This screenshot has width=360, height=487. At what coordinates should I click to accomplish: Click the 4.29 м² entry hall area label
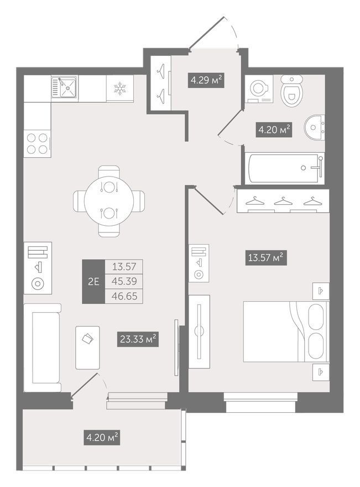tap(206, 80)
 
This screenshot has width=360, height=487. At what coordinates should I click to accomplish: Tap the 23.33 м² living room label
tap(138, 339)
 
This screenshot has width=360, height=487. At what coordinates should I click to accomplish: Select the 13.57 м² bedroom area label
tap(266, 257)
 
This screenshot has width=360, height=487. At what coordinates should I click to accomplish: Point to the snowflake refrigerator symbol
tap(120, 88)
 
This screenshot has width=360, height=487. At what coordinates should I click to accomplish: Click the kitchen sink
tap(64, 87)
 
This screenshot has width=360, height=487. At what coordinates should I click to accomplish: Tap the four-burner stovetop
tap(37, 144)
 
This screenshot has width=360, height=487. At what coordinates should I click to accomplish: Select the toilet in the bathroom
tap(292, 90)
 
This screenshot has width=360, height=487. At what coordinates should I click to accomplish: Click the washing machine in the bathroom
tap(259, 89)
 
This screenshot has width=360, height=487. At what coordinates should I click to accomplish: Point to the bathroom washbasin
tap(314, 127)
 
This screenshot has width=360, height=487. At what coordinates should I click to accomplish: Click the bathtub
tap(285, 168)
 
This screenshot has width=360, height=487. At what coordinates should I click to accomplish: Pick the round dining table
tap(109, 201)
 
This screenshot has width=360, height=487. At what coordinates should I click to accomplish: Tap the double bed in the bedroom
tap(286, 331)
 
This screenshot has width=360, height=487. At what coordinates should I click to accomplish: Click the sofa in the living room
tap(43, 348)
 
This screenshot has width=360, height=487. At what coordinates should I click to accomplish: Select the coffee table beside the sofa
tap(87, 348)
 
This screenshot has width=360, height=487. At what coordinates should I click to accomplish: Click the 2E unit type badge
tap(93, 281)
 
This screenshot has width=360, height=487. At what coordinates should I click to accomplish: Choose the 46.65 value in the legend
tap(124, 296)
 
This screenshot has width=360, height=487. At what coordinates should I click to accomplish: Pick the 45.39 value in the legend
tap(124, 281)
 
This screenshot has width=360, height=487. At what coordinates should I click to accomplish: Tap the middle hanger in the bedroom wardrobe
tap(283, 201)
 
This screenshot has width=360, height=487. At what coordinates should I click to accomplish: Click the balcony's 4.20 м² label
tap(102, 437)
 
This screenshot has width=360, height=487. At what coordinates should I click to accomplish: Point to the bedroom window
tap(260, 402)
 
